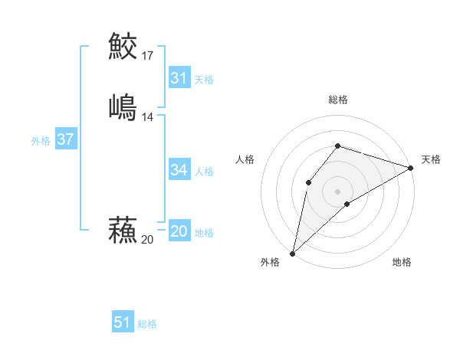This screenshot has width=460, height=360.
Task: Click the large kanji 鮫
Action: (x=123, y=47)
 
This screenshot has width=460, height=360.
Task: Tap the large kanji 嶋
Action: (x=123, y=106)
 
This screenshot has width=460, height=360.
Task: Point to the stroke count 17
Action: (x=147, y=55)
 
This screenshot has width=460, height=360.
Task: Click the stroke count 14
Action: (x=147, y=116)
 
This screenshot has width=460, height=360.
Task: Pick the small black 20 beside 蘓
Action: (x=147, y=240)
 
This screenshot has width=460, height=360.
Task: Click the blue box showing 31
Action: (x=179, y=78)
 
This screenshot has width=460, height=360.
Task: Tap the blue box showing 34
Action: (x=179, y=170)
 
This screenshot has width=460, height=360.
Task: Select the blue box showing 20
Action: (x=179, y=231)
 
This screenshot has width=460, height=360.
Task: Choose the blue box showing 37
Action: (x=65, y=139)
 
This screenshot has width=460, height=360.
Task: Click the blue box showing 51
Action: (x=122, y=322)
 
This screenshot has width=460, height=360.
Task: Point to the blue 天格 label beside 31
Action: (x=204, y=80)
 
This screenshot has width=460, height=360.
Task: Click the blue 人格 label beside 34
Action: (x=204, y=172)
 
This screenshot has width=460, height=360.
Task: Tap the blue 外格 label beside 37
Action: (x=41, y=141)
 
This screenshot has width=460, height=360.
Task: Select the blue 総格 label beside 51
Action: (x=147, y=324)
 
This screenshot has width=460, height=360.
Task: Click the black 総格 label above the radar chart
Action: (x=337, y=100)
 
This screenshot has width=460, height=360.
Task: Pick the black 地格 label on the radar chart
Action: (x=402, y=263)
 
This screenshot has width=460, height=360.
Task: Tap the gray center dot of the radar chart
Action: (x=337, y=191)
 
